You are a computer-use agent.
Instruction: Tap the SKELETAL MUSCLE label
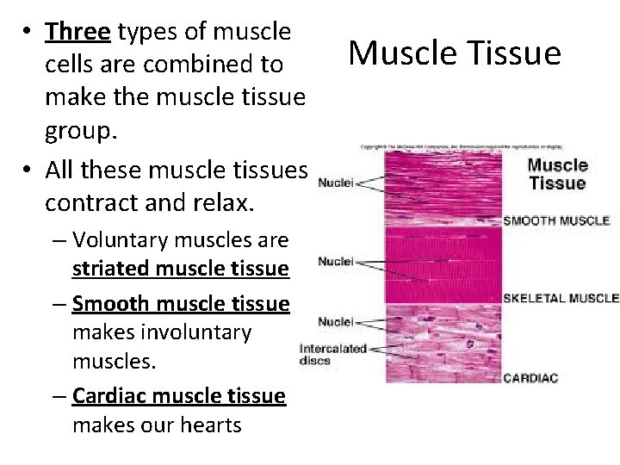point(561,298)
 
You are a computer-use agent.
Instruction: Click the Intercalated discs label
point(332,355)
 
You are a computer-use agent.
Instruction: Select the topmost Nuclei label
point(336,182)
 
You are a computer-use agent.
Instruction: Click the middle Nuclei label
point(336,260)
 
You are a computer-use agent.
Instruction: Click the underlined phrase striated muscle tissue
point(180,269)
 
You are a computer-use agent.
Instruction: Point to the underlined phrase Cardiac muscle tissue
point(178,395)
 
